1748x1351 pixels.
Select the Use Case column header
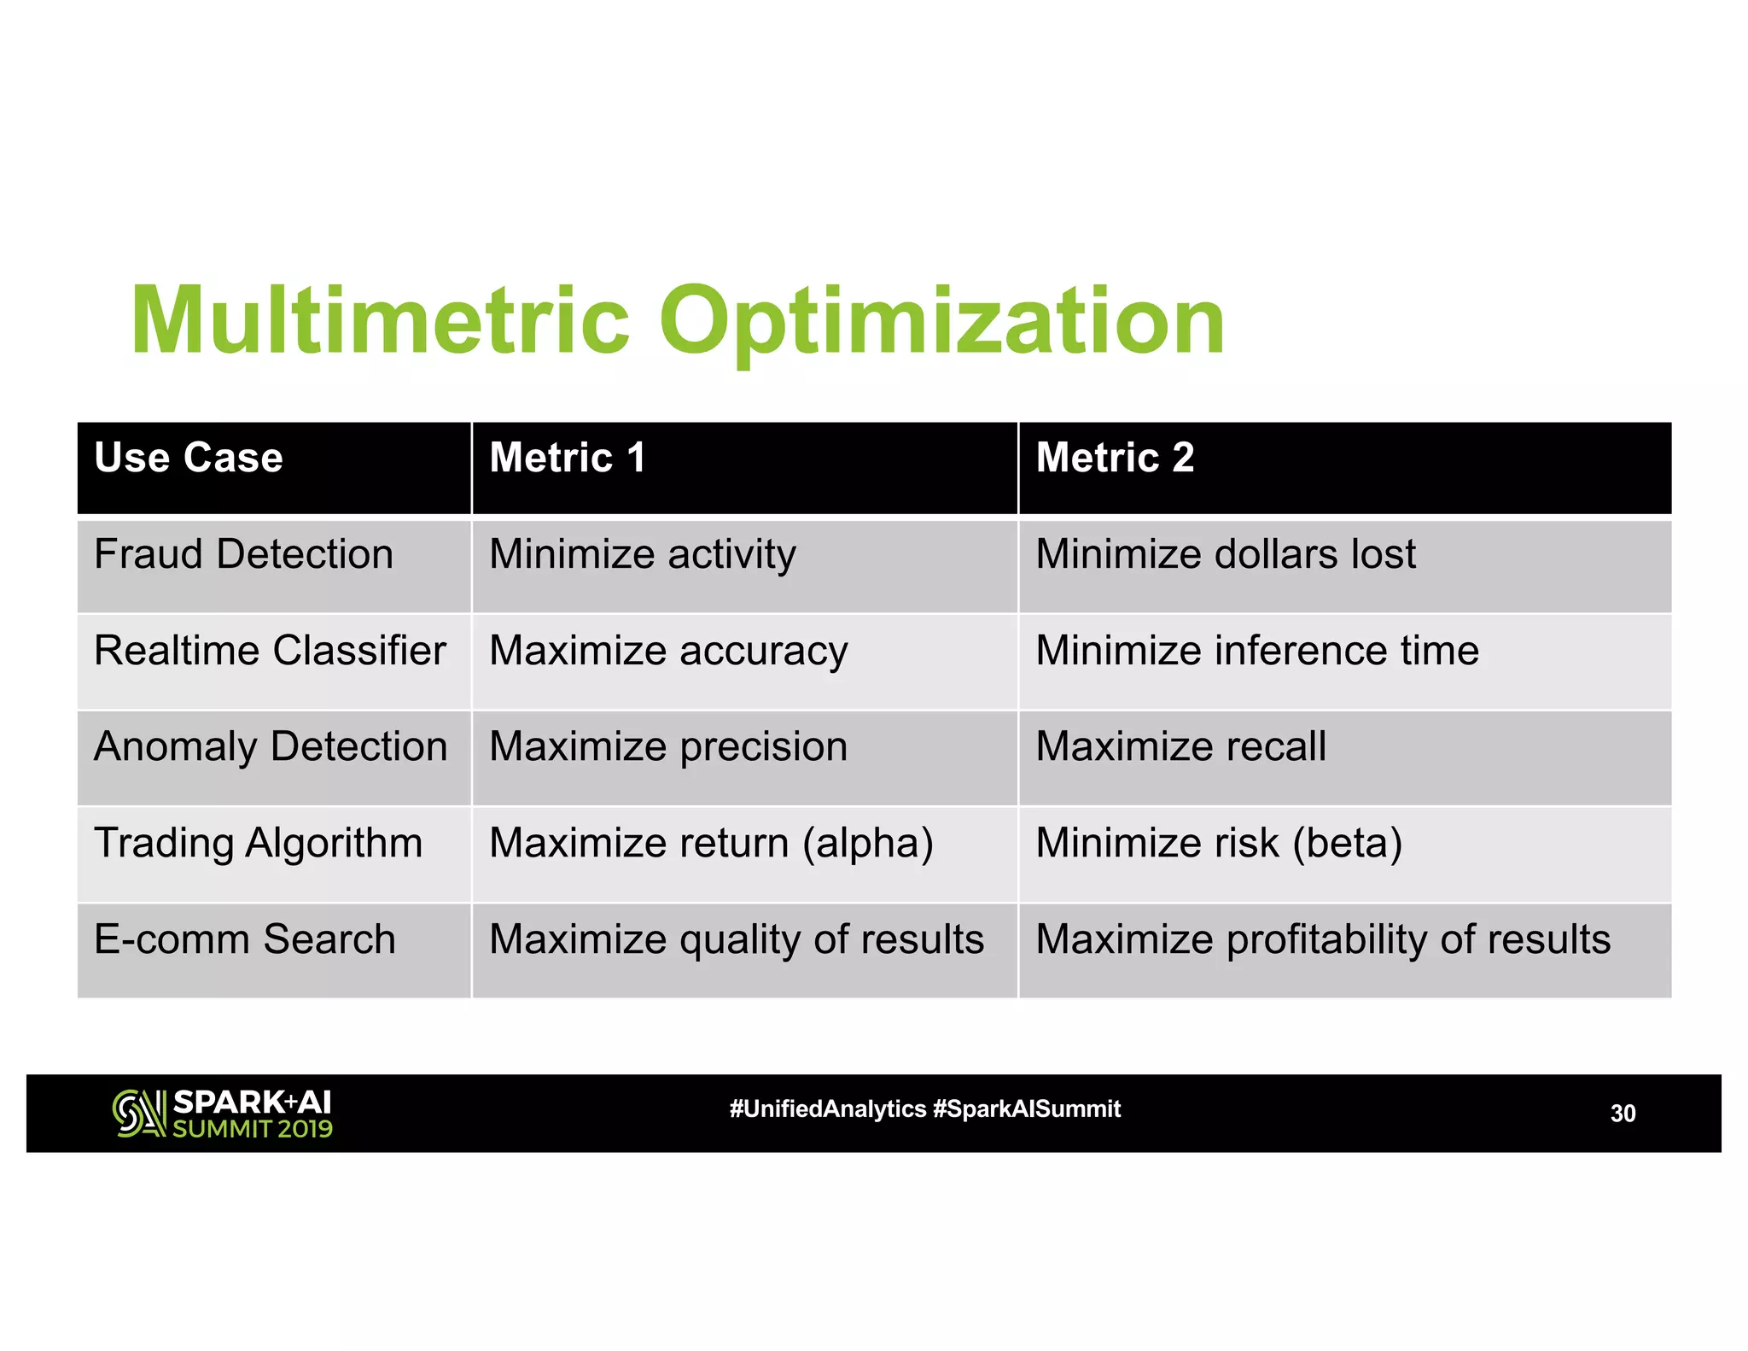189,458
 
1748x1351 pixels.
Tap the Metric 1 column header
568,458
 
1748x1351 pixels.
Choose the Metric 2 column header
1115,458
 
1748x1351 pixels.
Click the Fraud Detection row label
244,554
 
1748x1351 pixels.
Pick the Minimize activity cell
643,555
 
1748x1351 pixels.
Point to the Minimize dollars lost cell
1226,554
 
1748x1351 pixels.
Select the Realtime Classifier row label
270,651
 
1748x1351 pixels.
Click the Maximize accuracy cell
668,652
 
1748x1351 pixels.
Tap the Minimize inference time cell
1257,651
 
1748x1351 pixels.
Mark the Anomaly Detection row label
271,747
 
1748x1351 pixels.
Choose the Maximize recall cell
1181,747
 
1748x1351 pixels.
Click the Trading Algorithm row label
259,844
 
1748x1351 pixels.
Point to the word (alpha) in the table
868,845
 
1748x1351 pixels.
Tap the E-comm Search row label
245,939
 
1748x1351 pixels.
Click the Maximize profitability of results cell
1323,940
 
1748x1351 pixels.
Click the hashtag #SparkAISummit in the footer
1027,1109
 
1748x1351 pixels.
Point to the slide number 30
1623,1114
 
